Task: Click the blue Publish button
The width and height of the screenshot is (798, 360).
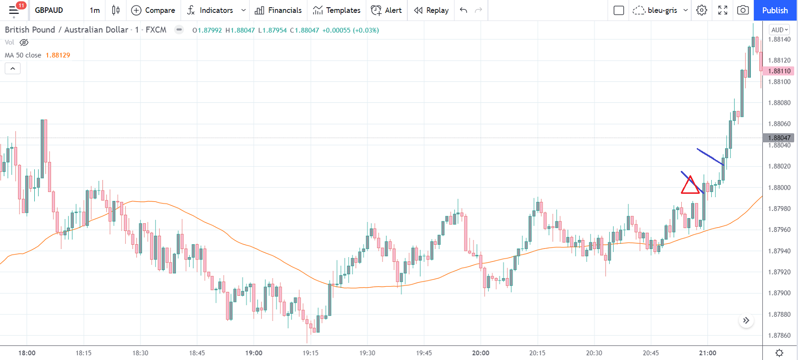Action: click(x=775, y=10)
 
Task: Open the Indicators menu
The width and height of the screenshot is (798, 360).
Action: click(x=211, y=10)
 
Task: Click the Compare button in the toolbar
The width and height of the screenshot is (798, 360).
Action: click(x=153, y=10)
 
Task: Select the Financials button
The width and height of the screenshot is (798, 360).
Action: click(x=278, y=10)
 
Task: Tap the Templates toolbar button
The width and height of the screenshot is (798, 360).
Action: click(x=337, y=10)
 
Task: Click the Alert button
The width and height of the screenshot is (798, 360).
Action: click(x=386, y=10)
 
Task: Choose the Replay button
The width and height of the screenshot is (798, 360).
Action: click(x=431, y=10)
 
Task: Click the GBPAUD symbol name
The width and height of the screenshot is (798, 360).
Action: click(x=49, y=10)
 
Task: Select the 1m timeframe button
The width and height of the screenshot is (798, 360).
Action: click(x=94, y=10)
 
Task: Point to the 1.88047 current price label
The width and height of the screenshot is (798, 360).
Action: click(x=779, y=138)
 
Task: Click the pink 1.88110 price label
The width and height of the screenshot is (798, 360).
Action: click(x=779, y=71)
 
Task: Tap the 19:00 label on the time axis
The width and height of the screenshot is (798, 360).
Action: click(x=254, y=353)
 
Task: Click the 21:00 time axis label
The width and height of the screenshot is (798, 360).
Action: click(x=707, y=353)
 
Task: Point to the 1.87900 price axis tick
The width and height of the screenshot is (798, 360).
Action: click(x=779, y=293)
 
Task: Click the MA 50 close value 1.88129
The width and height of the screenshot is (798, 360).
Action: click(x=58, y=55)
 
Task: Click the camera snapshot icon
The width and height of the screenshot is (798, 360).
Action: click(x=742, y=10)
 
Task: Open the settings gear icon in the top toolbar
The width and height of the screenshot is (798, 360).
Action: click(x=701, y=10)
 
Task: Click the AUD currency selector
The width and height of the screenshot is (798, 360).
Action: click(x=779, y=30)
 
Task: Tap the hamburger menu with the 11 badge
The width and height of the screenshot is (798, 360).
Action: click(x=14, y=10)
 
